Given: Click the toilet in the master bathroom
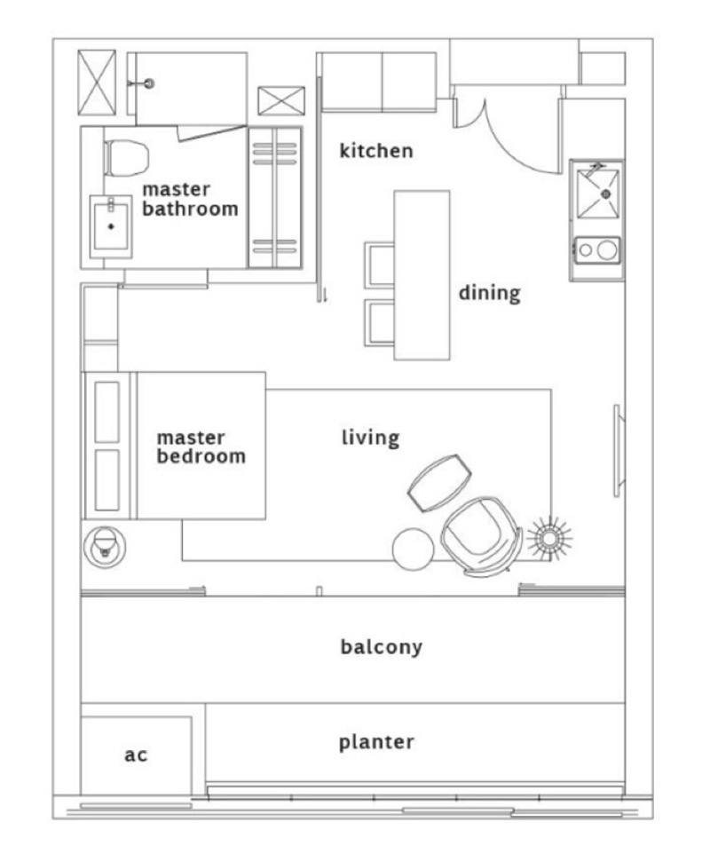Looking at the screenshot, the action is (x=127, y=157).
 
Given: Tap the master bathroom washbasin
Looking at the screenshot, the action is (x=111, y=225).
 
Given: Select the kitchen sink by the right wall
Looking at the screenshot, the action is (x=597, y=194).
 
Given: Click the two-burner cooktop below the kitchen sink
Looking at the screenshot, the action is (x=597, y=249).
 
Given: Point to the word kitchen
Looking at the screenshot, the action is (x=376, y=151).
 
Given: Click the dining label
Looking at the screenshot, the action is (x=489, y=293).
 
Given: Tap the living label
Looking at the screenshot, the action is (x=371, y=438).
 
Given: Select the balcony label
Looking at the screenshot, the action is (x=382, y=646).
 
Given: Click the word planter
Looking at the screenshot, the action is (x=376, y=742).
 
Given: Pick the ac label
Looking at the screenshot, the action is (x=136, y=755).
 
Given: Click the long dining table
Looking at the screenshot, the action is (x=422, y=275).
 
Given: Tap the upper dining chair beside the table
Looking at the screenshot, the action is (x=380, y=265).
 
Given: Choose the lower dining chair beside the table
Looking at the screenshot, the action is (x=380, y=322).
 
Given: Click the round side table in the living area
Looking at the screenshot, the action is (x=414, y=549).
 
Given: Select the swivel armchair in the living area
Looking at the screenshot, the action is (x=481, y=537).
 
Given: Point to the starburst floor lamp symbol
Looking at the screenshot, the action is (x=549, y=538).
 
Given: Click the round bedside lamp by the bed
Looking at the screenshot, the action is (x=105, y=547).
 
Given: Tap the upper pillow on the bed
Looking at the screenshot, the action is (x=106, y=412).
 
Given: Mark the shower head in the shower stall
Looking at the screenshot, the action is (x=149, y=83).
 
